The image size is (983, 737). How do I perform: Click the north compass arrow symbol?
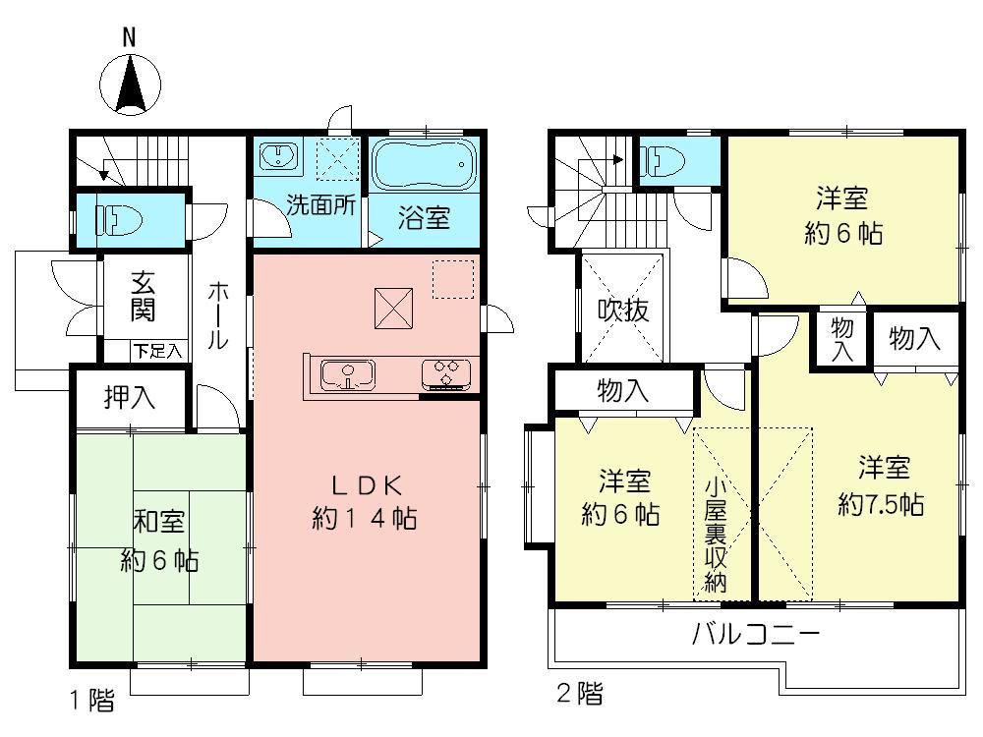pos(131,85)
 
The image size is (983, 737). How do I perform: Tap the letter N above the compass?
pos(129,36)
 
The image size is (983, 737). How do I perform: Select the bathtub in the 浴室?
pos(425,164)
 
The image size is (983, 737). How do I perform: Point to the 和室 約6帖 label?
pos(158,541)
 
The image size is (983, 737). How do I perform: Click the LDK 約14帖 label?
pos(365,501)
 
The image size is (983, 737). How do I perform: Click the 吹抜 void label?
pos(624,311)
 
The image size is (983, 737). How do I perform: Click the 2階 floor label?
pos(579,695)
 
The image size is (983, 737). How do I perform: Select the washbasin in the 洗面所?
pos(281,157)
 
